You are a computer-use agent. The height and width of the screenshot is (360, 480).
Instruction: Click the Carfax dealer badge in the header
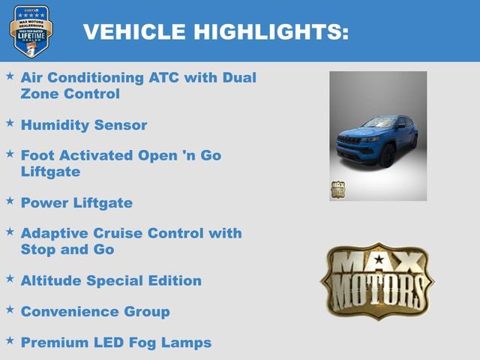pos(31,31)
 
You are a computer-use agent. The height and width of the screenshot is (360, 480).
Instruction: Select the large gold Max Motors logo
pos(377,281)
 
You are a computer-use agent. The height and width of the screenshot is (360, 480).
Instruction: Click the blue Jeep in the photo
pos(377,139)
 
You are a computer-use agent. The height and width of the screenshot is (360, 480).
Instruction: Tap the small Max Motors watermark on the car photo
pos(338,189)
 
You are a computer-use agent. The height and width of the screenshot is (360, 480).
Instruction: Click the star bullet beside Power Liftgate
pos(10,201)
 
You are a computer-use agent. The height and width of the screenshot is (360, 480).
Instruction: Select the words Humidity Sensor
pos(84,124)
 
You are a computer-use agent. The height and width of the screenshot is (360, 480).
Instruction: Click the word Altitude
pos(51,280)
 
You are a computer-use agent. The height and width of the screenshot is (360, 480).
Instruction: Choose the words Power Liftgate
pos(76,202)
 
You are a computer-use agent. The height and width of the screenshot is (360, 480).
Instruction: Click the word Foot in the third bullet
pos(37,155)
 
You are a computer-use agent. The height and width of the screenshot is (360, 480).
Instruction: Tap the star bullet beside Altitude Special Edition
pos(10,278)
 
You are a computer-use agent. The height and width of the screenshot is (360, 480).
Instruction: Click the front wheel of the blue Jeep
pos(388,157)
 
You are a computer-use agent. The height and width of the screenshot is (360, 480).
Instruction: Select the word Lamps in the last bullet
pos(188,342)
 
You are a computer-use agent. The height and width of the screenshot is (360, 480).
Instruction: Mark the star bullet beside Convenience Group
pos(10,309)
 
